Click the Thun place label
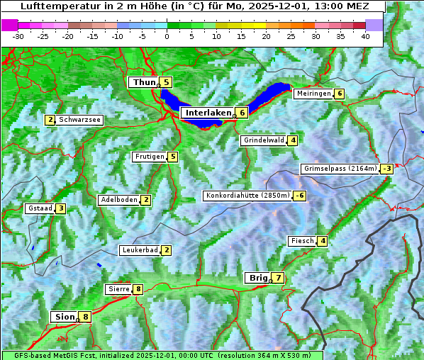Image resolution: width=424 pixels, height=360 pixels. point(143,83)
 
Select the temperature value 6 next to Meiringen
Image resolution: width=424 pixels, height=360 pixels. point(340,94)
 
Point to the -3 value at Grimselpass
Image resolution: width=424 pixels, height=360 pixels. point(386,169)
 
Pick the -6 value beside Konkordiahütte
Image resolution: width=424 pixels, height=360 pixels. point(300,196)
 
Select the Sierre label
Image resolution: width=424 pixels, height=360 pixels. point(118,289)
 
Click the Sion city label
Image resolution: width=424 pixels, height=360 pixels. point(64,317)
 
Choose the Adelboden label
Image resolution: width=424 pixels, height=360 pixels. point(118,200)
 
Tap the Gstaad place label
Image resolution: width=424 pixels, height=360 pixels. point(40,208)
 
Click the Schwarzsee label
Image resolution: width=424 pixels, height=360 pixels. point(79,120)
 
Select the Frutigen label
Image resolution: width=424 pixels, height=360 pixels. point(150,157)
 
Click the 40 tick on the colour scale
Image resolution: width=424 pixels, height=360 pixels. point(365,35)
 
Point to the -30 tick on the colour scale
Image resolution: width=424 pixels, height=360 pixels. point(18,35)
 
